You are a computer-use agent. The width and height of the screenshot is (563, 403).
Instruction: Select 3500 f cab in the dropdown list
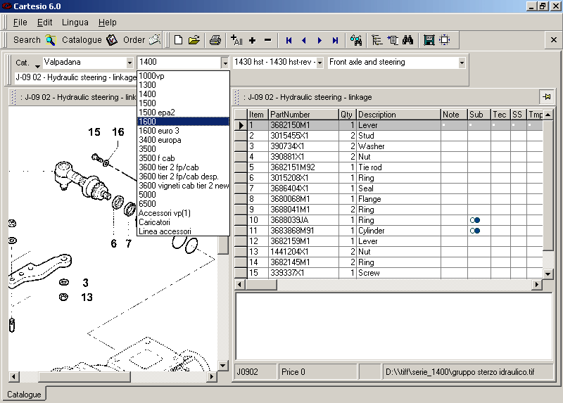(156, 158)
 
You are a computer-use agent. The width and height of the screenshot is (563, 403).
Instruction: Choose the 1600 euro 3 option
(158, 131)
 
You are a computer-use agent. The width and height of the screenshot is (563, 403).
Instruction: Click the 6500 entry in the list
(147, 204)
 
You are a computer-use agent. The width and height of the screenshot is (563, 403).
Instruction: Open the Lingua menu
(75, 23)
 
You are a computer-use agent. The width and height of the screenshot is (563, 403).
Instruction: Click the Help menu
(107, 23)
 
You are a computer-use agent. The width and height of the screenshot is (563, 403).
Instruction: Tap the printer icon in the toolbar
(215, 40)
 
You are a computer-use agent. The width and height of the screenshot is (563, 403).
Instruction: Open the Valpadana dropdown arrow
(129, 63)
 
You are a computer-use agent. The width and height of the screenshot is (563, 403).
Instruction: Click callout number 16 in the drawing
(118, 132)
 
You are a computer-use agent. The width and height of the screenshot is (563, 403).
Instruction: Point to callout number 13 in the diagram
(86, 298)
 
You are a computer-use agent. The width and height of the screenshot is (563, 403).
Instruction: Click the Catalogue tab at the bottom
(24, 395)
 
